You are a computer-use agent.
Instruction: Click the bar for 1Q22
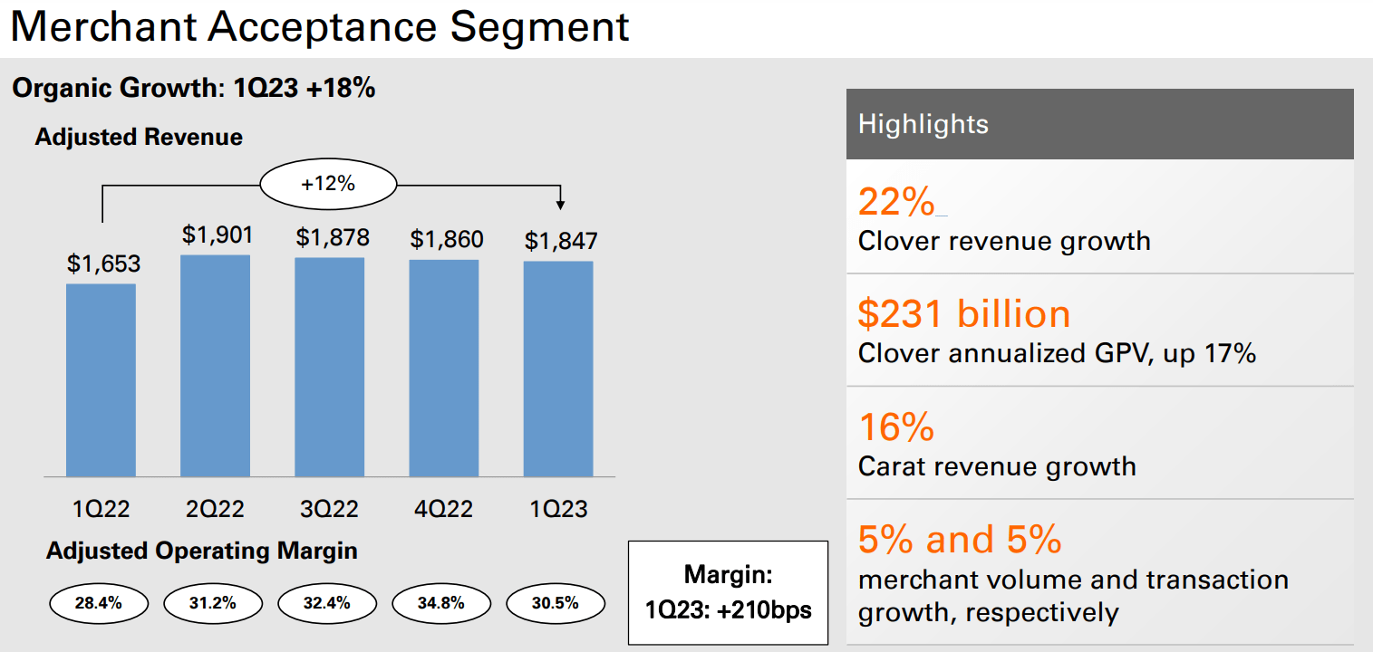point(101,380)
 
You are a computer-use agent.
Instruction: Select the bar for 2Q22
point(215,366)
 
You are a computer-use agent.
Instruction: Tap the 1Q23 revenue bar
point(558,369)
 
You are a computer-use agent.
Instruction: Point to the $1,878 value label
point(333,237)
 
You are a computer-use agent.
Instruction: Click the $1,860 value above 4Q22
point(447,240)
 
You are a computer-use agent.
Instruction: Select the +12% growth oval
point(328,184)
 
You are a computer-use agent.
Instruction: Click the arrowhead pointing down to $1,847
point(561,203)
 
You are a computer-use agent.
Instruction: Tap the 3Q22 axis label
point(330,509)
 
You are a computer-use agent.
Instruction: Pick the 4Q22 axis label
point(443,509)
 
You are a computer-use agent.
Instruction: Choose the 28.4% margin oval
point(98,603)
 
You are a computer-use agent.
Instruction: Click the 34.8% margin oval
point(441,603)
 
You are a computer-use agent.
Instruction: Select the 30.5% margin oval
point(556,603)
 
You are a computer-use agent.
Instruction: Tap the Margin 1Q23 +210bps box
point(728,592)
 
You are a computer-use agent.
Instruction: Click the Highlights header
point(1099,124)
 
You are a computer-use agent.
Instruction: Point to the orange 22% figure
point(895,203)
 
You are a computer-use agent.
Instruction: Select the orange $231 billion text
point(964,314)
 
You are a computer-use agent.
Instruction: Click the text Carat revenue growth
point(997,466)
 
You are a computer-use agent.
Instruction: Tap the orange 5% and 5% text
point(960,540)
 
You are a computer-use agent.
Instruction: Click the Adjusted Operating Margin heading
point(202,551)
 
